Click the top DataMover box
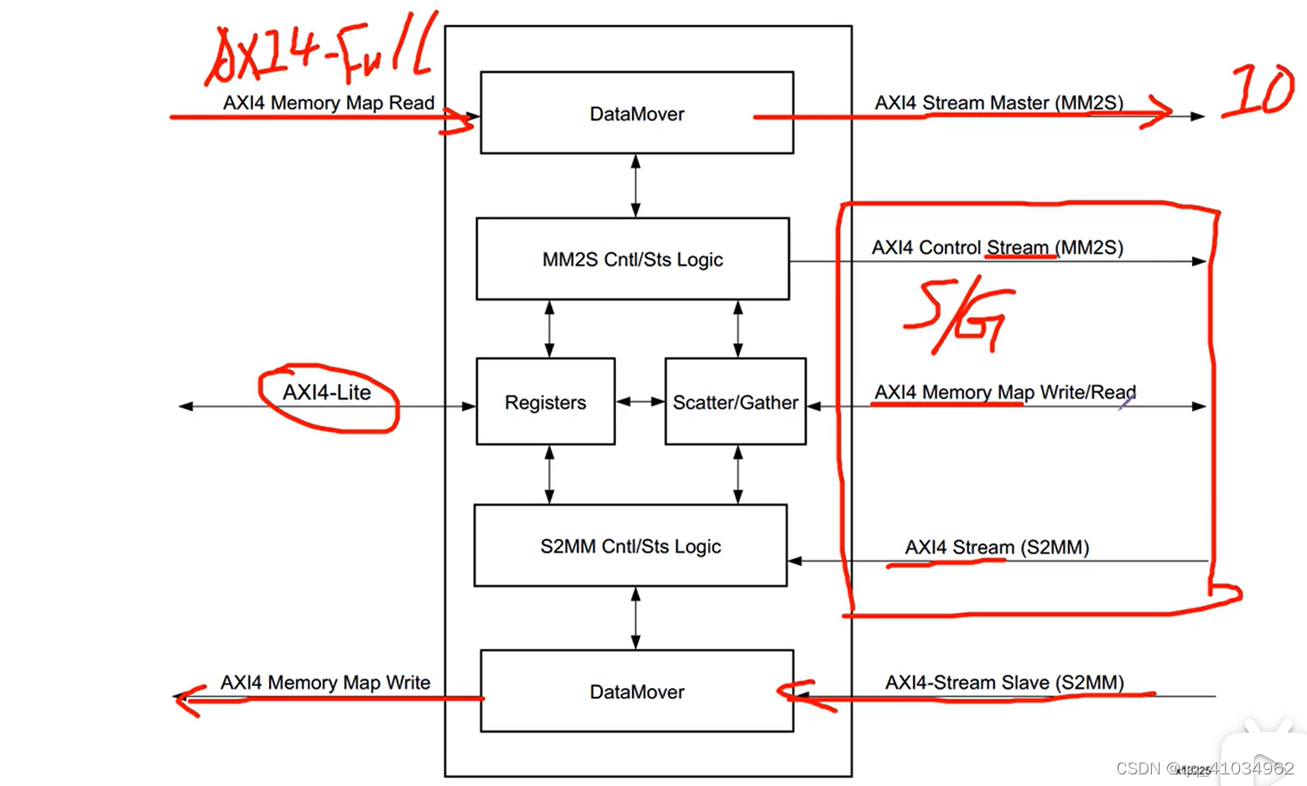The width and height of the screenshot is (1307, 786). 637,113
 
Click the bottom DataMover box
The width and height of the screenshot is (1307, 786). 637,692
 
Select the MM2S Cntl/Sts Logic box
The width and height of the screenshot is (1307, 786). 632,259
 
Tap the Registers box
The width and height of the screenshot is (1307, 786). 545,402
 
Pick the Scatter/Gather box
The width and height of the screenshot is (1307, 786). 735,402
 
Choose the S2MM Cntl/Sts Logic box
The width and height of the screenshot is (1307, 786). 630,546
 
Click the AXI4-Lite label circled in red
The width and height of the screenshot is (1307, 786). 326,393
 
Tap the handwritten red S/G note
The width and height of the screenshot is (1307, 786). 958,316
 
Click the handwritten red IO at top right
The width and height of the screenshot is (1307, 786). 1258,91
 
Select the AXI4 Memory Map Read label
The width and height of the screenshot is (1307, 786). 328,102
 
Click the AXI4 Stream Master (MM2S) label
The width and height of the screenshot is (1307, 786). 999,102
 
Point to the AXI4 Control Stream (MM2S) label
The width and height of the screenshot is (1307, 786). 997,247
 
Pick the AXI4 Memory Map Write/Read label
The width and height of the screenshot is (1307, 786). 1005,392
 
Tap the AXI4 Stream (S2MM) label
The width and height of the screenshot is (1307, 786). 997,547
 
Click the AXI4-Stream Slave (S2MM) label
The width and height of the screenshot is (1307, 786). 1004,683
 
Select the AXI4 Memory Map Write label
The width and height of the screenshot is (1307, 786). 325,683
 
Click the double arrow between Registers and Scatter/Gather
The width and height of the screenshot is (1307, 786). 640,402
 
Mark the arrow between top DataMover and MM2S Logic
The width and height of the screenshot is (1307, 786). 636,185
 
